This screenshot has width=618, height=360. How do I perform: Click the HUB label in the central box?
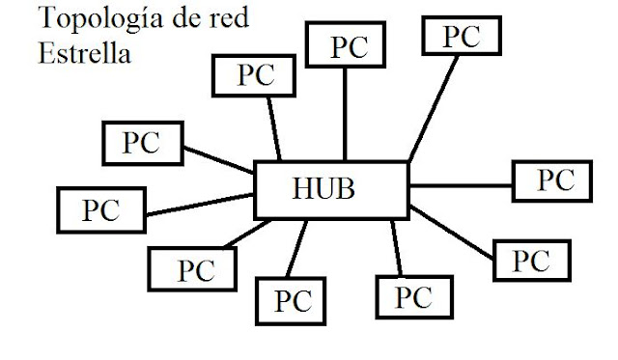(324, 186)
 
